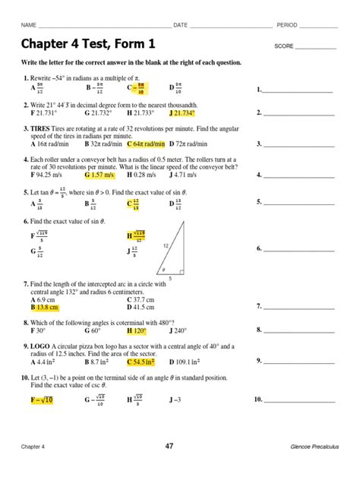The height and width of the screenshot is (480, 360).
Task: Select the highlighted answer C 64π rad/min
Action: [146, 143]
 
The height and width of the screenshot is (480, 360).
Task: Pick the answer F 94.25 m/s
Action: [49, 174]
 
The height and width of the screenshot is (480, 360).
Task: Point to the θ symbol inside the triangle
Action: [161, 269]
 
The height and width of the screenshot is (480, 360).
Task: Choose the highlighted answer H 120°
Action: [137, 330]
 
